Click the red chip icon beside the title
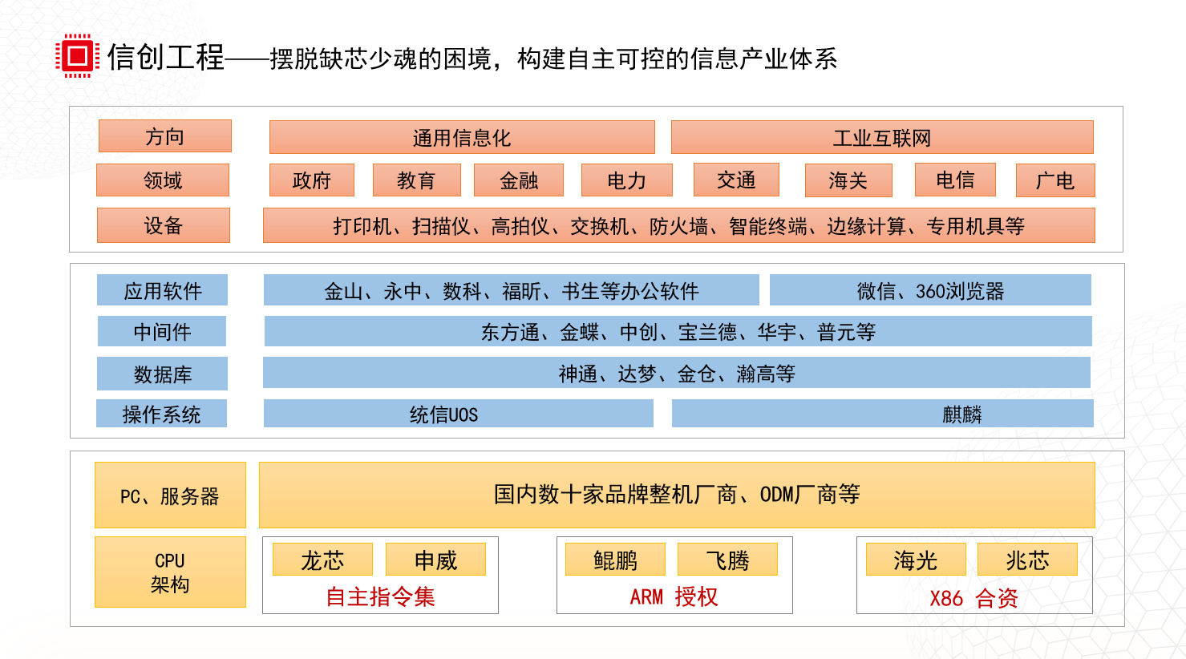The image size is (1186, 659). pos(77,55)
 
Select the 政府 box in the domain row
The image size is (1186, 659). pos(311,180)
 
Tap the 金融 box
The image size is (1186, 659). pos(519,180)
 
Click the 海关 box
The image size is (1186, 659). pos(848,180)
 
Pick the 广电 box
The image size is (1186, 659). pos(1054,180)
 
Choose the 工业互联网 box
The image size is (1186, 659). pos(881,137)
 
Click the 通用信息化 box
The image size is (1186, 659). pos(461,137)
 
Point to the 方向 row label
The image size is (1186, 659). pos(164,136)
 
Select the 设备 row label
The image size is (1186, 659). pos(163,225)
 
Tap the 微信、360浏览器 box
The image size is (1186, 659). pos(930,290)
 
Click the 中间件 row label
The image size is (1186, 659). pos(162,331)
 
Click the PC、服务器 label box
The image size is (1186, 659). pos(170,495)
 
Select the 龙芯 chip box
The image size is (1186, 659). pos(322,560)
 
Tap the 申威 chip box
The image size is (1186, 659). pos(435,560)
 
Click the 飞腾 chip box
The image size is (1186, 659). pos(727,560)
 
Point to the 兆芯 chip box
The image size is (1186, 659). pos(1026,560)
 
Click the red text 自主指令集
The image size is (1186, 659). pos(380,596)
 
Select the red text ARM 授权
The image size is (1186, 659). pos(674,596)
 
